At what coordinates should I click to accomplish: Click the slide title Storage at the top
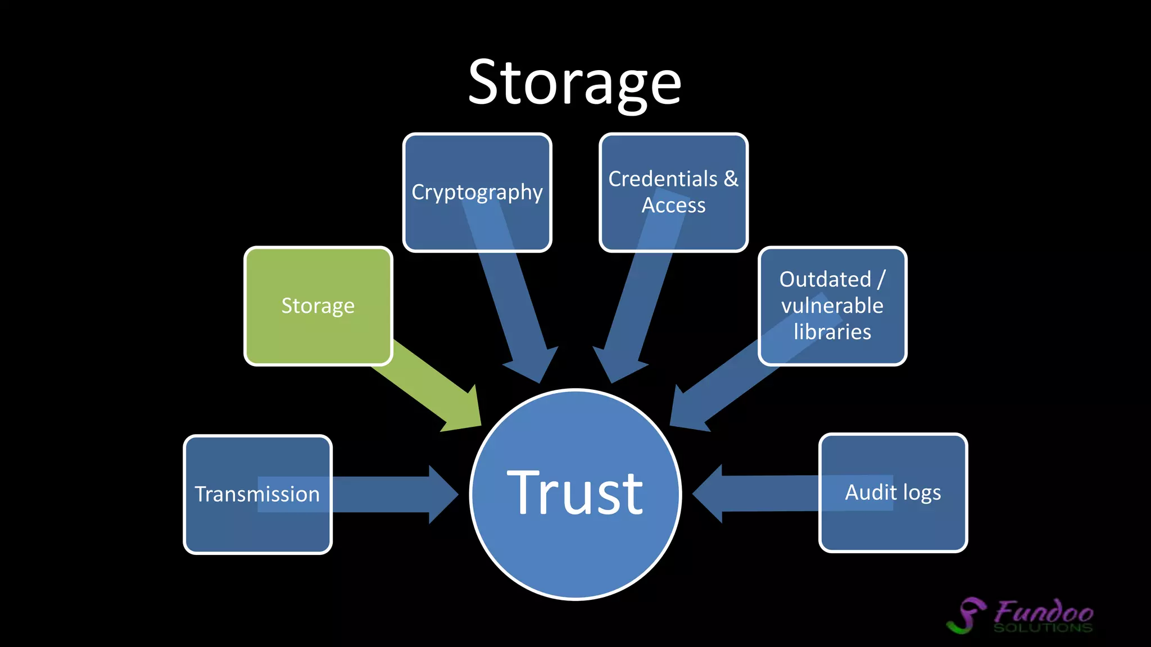[x=574, y=83]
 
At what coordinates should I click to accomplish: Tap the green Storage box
[x=318, y=306]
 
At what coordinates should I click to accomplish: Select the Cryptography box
[x=477, y=193]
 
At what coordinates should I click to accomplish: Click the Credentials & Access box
[x=673, y=193]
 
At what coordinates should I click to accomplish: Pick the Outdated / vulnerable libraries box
[x=832, y=306]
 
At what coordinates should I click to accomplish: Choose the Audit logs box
[x=893, y=493]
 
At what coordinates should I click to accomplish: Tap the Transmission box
[x=257, y=494]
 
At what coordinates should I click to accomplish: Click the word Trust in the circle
[x=575, y=493]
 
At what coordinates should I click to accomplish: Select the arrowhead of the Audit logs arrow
[x=709, y=494]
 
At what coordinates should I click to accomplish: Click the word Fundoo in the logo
[x=1044, y=611]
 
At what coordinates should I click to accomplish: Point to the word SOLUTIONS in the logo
[x=1043, y=628]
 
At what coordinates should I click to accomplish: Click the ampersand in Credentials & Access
[x=731, y=179]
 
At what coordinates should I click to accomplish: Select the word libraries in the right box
[x=832, y=332]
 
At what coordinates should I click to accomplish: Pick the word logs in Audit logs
[x=922, y=493]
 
